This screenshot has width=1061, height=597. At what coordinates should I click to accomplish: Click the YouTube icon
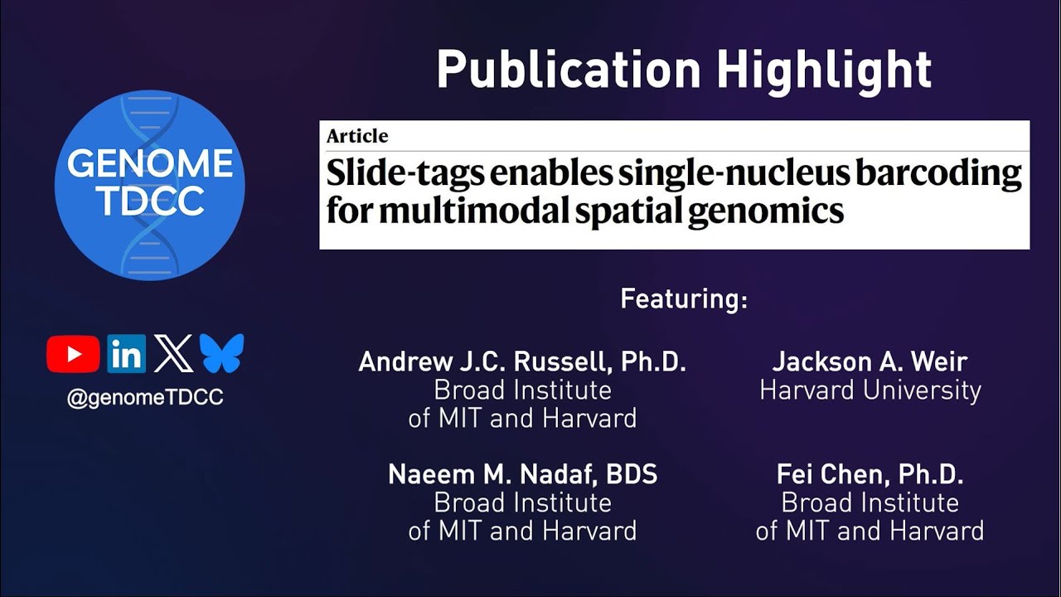tap(73, 354)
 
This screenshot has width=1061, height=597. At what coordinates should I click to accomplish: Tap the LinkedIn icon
tap(126, 354)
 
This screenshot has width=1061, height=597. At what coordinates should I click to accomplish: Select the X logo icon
tap(173, 354)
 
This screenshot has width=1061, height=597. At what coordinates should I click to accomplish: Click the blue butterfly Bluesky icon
tap(221, 354)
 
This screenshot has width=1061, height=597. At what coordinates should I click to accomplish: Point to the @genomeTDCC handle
tap(145, 398)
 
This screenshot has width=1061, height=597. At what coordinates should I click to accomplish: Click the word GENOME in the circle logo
tap(150, 164)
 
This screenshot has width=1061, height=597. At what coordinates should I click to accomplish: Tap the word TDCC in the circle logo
tap(150, 201)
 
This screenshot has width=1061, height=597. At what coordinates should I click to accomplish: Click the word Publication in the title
tap(569, 70)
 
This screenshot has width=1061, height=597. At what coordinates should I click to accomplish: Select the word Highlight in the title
tap(824, 70)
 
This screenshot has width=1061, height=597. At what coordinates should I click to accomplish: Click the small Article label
tap(357, 136)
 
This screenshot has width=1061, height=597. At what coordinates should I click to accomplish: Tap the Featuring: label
tap(684, 298)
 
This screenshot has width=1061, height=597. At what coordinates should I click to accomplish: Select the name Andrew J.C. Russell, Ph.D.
tap(522, 362)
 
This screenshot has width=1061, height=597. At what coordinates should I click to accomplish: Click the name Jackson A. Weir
tap(870, 362)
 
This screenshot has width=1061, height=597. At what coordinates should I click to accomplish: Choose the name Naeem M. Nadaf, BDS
tap(522, 474)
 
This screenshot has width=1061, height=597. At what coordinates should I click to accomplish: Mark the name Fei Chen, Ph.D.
tap(870, 474)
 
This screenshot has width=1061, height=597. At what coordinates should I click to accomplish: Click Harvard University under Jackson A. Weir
tap(870, 391)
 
